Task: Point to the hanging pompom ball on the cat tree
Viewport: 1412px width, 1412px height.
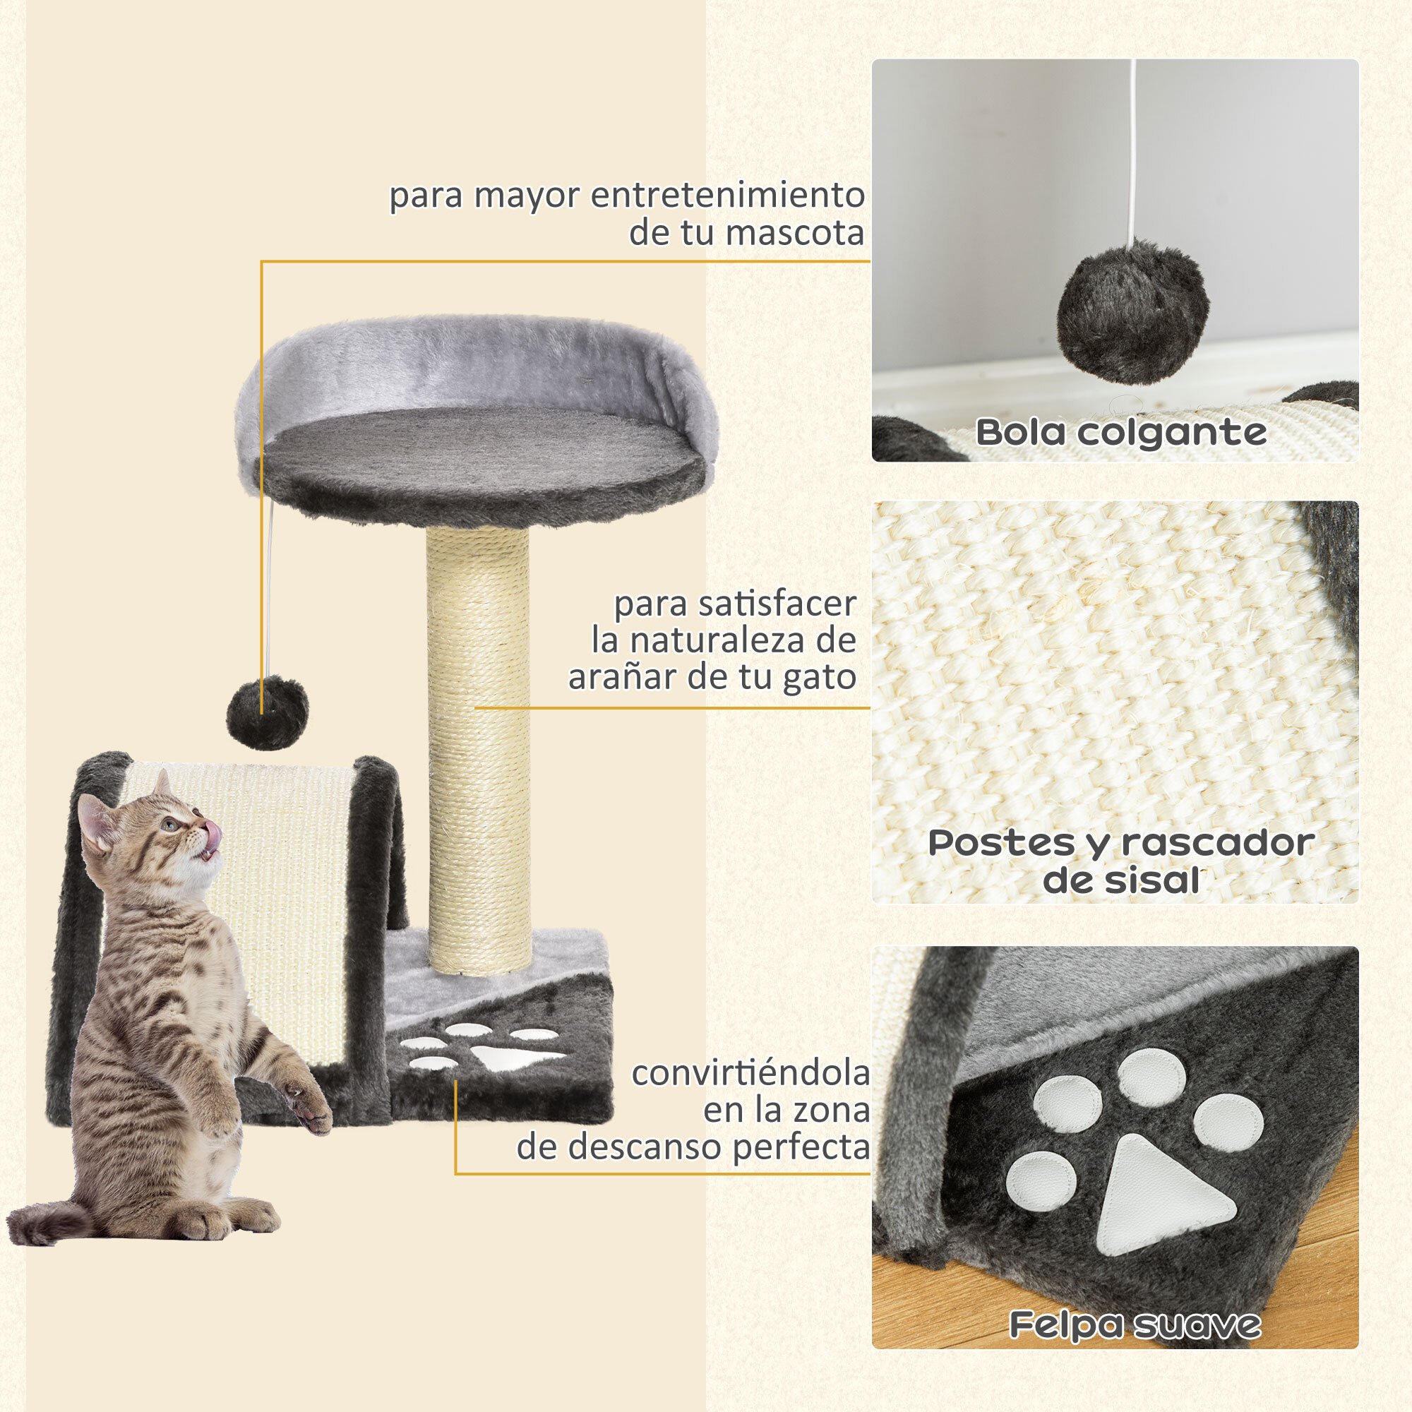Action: [x=268, y=712]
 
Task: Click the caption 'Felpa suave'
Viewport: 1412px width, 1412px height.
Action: [x=1135, y=1324]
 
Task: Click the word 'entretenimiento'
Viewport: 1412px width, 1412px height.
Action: [x=727, y=195]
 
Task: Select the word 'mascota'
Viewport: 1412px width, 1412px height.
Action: [x=794, y=233]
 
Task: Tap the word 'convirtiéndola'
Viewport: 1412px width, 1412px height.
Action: [x=750, y=1074]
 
